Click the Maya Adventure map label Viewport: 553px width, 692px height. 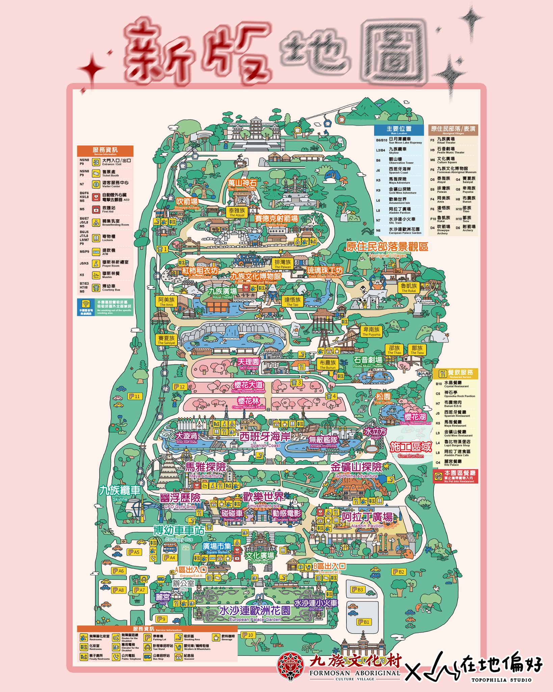[x=206, y=469]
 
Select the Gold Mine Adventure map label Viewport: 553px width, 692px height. [x=356, y=469]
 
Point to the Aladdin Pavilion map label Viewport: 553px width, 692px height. [x=367, y=519]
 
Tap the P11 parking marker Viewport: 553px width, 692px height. [x=135, y=396]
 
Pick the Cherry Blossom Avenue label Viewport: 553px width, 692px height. [x=248, y=386]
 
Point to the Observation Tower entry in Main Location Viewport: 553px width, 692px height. [x=400, y=160]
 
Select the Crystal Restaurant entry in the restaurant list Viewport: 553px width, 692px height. [x=456, y=385]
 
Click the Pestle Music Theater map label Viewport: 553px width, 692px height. [x=368, y=361]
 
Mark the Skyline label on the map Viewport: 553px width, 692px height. [x=120, y=492]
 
